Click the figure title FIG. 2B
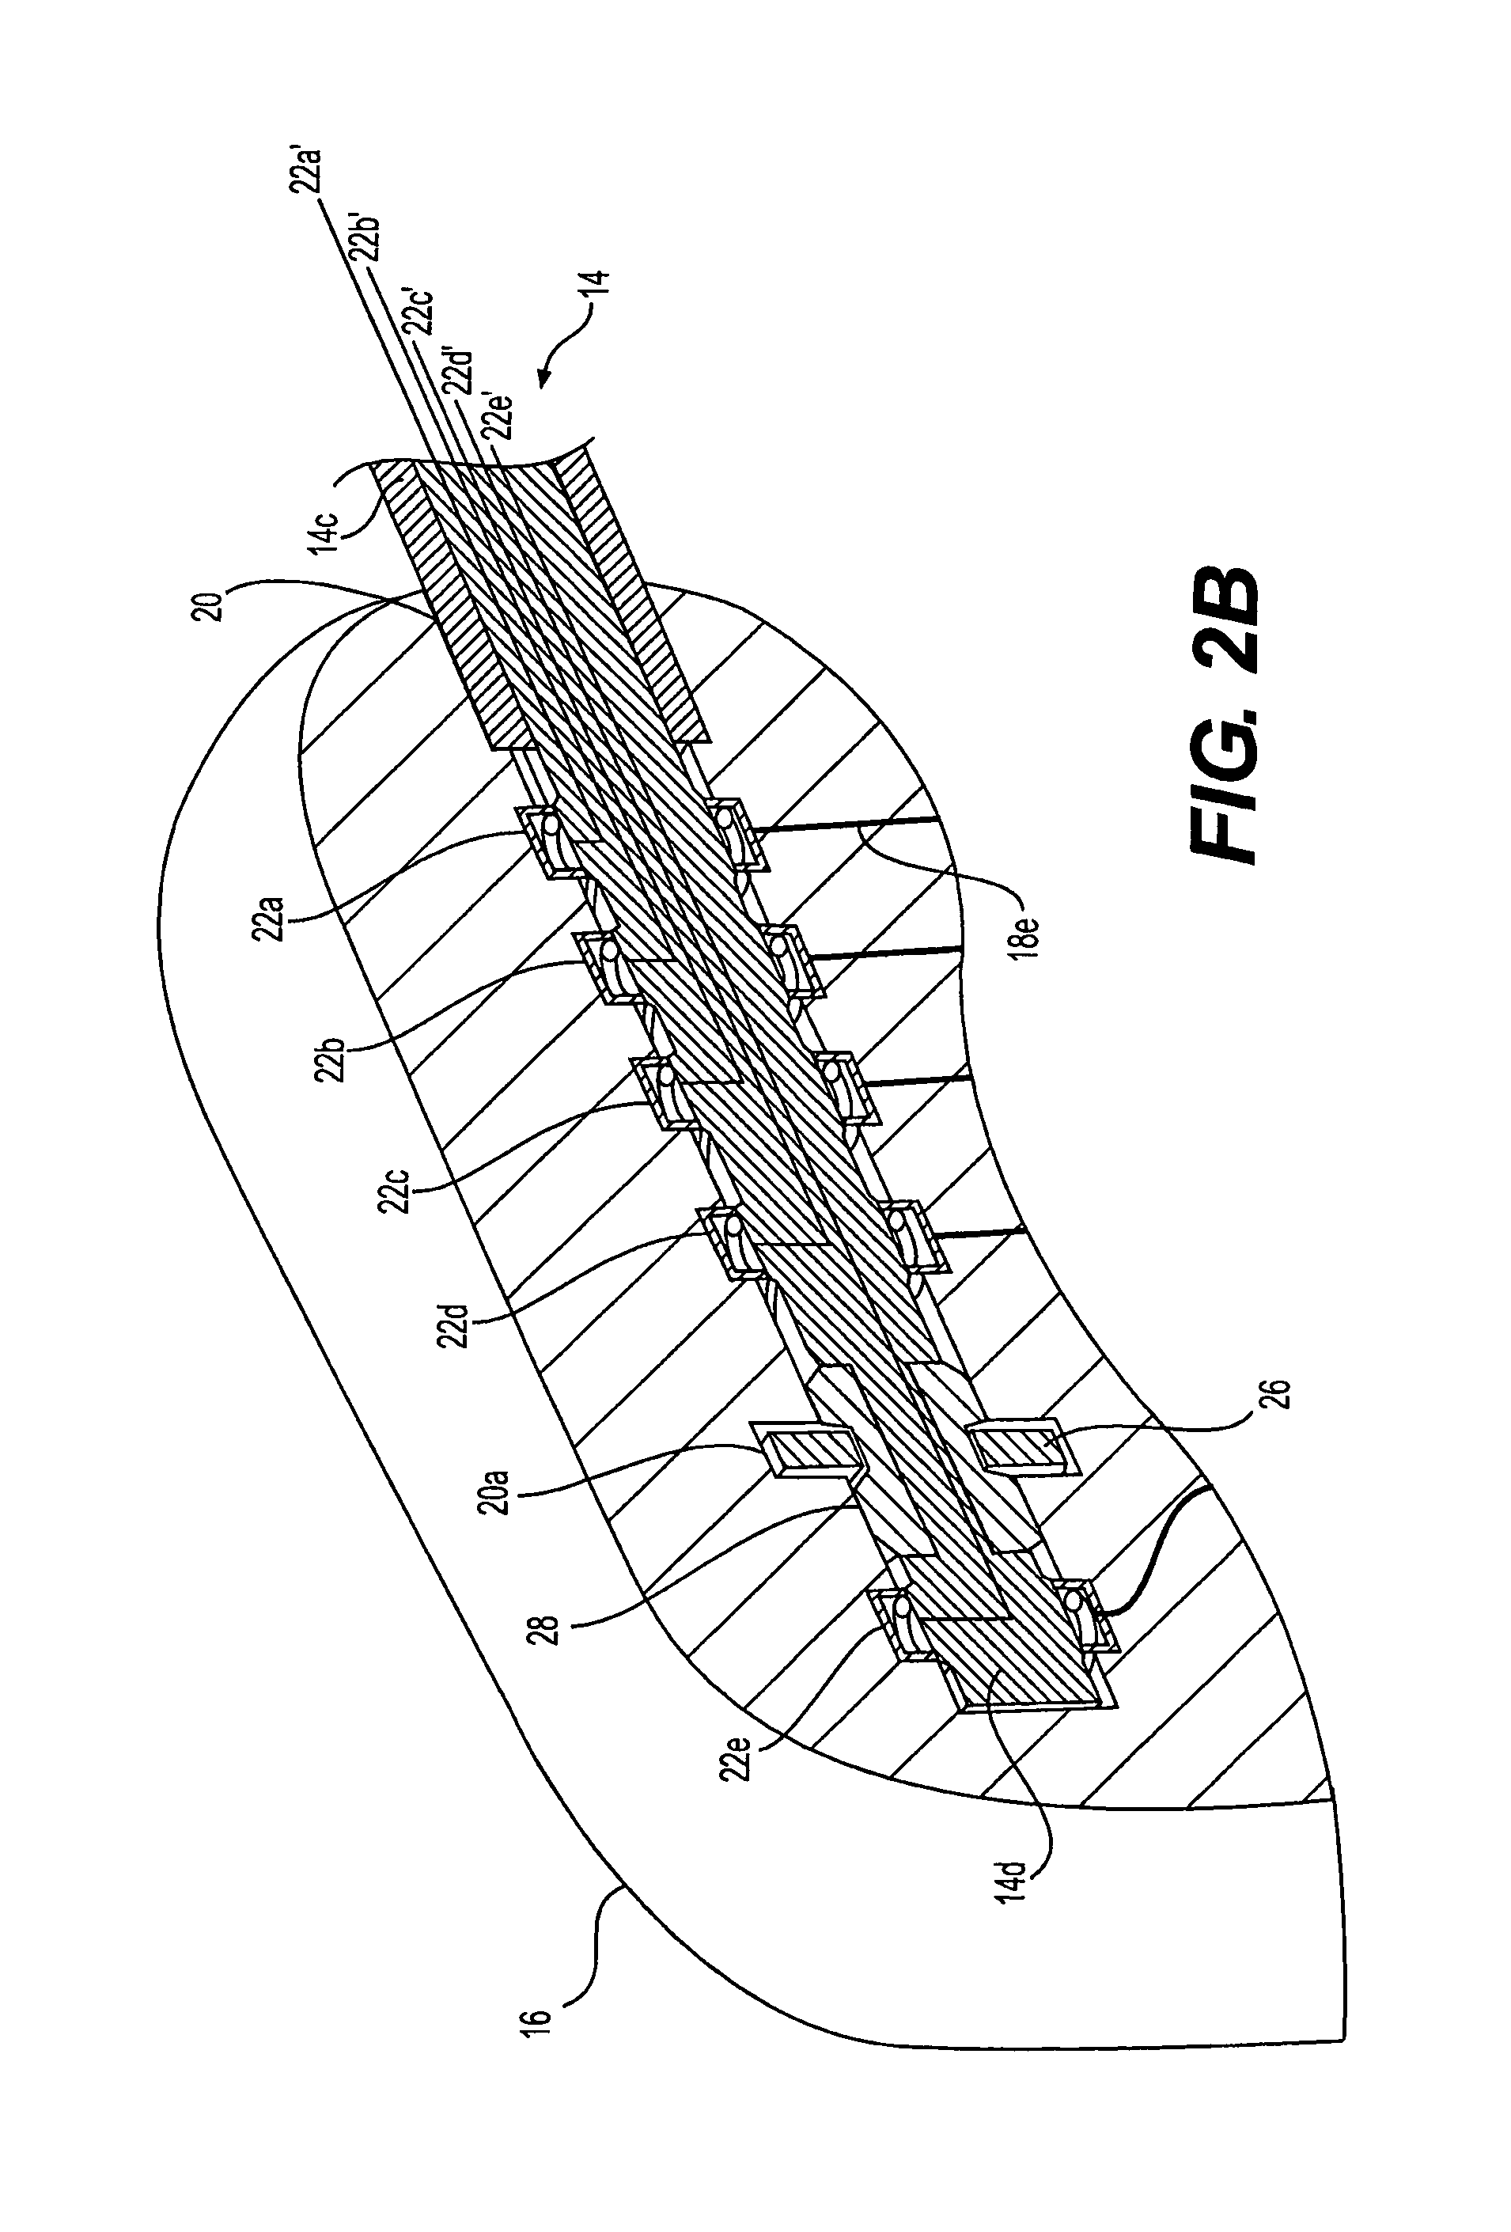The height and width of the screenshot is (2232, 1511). [x=1225, y=715]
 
